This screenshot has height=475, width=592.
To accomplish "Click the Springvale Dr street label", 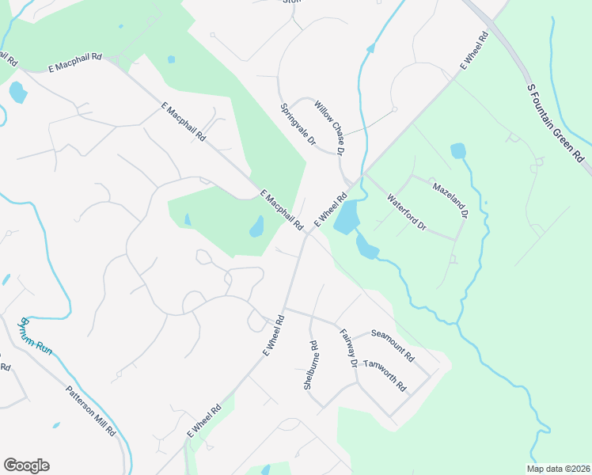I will (298, 124).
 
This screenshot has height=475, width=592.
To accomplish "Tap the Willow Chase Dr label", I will (329, 127).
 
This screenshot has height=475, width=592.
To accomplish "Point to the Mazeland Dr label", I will (450, 200).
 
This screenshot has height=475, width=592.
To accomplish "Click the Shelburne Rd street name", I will (310, 366).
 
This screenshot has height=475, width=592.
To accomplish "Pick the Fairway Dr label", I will (349, 348).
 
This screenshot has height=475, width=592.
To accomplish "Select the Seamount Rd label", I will (393, 346).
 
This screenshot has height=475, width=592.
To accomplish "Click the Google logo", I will (26, 465).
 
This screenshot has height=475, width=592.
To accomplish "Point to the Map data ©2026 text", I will (557, 469).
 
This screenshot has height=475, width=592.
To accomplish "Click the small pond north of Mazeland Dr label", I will (458, 150).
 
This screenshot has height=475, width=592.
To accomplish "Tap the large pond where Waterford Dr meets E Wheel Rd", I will (347, 216).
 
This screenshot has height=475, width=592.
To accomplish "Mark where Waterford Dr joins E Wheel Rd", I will (364, 174).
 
